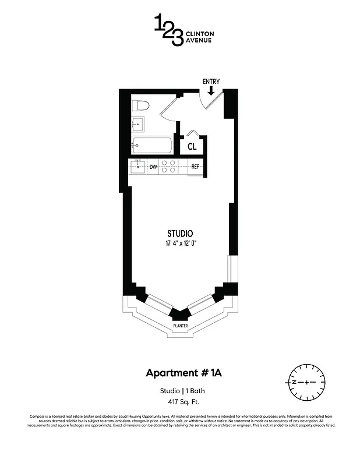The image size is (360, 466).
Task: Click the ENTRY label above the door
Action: click(211, 81)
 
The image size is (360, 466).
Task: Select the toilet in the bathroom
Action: click(140, 105)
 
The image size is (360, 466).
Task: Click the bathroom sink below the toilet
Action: click(138, 123)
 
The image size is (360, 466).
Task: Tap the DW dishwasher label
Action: click(153, 167)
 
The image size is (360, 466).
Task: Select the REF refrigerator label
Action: click(196, 167)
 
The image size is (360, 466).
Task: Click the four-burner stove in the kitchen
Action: click(169, 167)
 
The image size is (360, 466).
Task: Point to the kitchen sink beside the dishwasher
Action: click(139, 167)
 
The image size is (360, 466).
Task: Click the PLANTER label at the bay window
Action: click(180, 326)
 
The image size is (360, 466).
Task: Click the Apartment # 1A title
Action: click(179, 373)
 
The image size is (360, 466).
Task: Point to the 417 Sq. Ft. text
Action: click(179, 402)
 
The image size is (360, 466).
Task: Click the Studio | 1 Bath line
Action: click(179, 391)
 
